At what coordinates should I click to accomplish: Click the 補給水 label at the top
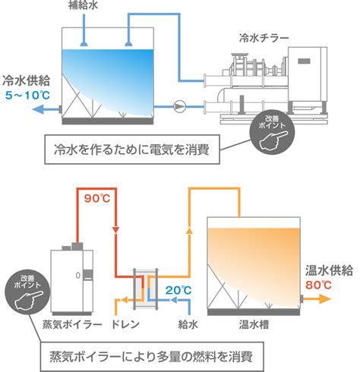(83, 5)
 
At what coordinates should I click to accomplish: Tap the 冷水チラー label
(264, 38)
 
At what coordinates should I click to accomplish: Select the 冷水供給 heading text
(26, 80)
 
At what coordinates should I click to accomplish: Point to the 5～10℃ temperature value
(27, 96)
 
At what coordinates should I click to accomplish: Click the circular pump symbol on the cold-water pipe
(179, 106)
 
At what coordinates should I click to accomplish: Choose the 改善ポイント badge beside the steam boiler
(27, 292)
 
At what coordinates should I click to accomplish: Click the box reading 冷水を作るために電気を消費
(132, 150)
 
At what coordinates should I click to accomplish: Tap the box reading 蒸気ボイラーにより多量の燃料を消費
(152, 357)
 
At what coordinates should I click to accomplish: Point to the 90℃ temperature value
(97, 199)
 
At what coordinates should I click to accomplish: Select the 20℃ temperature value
(178, 290)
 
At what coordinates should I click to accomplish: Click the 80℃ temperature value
(318, 285)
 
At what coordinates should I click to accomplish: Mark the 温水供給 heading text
(329, 270)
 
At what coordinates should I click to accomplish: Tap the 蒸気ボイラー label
(72, 324)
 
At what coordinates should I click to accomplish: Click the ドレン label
(125, 324)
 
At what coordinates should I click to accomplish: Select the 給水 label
(188, 324)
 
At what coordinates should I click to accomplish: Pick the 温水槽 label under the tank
(254, 324)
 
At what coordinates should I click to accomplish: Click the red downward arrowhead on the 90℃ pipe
(115, 230)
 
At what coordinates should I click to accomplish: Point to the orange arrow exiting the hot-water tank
(317, 299)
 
